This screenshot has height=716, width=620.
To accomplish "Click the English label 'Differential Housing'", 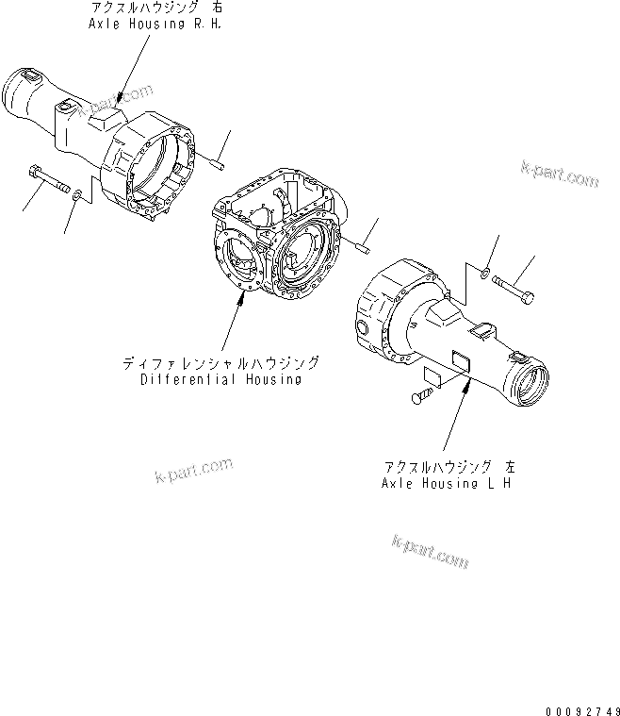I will [x=220, y=379].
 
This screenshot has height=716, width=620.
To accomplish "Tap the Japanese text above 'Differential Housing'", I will [x=220, y=363].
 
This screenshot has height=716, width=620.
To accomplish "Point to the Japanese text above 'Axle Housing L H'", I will [x=449, y=466].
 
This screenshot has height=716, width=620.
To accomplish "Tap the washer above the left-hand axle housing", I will [x=482, y=273].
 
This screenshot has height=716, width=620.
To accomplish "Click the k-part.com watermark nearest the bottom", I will [x=429, y=551].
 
